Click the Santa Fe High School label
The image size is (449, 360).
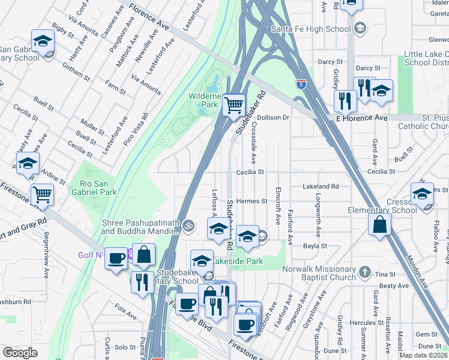pos(310,29)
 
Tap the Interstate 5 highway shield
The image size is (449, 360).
pos(303,83)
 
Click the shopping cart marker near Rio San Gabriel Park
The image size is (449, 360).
pos(42,194)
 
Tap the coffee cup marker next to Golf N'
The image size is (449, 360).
pos(116,259)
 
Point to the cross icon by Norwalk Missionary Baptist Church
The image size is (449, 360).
pos(364,273)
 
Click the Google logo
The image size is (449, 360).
pos(20,353)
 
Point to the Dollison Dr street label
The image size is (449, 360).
pos(274,118)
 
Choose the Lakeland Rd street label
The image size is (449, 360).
pos(321,187)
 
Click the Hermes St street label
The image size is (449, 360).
pos(251,201)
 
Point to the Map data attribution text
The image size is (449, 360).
pos(423,355)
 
